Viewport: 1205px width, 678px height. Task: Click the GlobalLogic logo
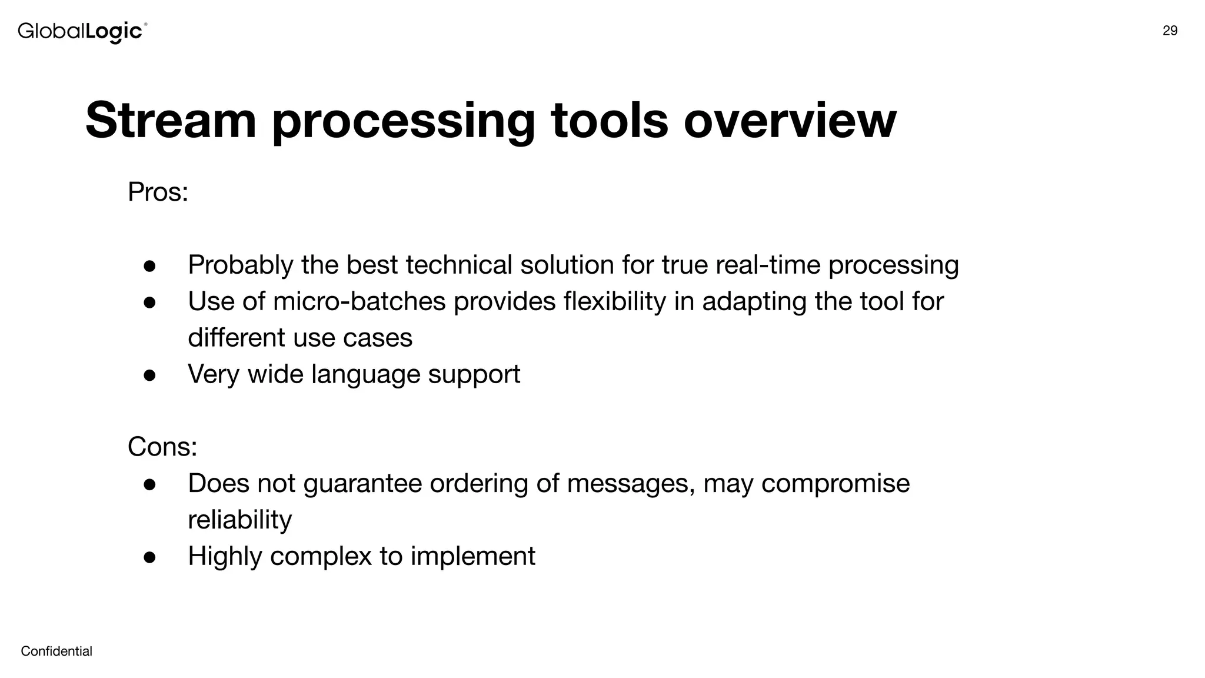(82, 31)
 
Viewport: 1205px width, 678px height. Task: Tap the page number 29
(1170, 31)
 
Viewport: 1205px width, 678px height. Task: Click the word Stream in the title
(171, 120)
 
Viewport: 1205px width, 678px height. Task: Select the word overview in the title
(790, 120)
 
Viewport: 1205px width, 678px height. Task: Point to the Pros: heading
(158, 192)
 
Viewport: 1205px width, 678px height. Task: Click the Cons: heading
(162, 446)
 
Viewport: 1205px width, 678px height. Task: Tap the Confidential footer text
(56, 651)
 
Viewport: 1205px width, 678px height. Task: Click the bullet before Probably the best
(149, 266)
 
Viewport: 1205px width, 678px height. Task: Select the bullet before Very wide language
(149, 375)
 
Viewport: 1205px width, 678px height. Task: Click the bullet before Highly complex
(149, 557)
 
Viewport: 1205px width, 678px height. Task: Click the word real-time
(768, 265)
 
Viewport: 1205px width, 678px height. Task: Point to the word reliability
(239, 520)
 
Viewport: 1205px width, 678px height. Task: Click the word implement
(472, 556)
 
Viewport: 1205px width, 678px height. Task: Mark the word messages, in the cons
(631, 484)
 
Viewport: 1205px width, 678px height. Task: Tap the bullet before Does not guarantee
(149, 484)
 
